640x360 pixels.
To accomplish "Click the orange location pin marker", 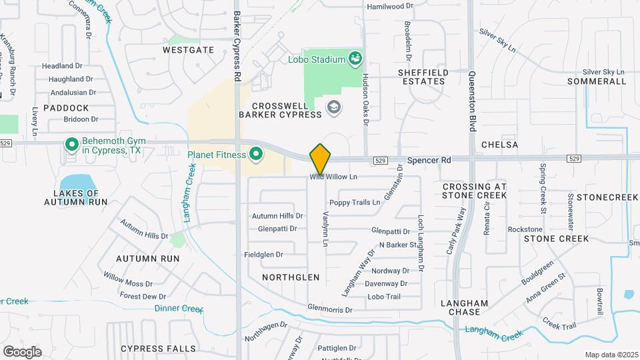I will tap(321, 158).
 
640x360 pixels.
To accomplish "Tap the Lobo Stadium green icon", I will tap(355, 59).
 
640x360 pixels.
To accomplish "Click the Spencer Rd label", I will tap(429, 160).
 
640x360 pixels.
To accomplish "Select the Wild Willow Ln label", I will tap(333, 177).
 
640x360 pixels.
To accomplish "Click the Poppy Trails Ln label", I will tap(355, 202).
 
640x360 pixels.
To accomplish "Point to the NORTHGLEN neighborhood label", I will tap(290, 277).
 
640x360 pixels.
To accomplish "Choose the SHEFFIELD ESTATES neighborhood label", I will tap(421, 77).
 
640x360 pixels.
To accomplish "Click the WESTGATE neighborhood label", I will tap(188, 50).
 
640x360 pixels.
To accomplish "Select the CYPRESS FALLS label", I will tap(159, 349).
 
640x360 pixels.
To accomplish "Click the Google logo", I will tap(22, 351).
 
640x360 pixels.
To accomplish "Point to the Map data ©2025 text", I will tap(610, 355).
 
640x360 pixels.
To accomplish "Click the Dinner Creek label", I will tap(178, 309).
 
